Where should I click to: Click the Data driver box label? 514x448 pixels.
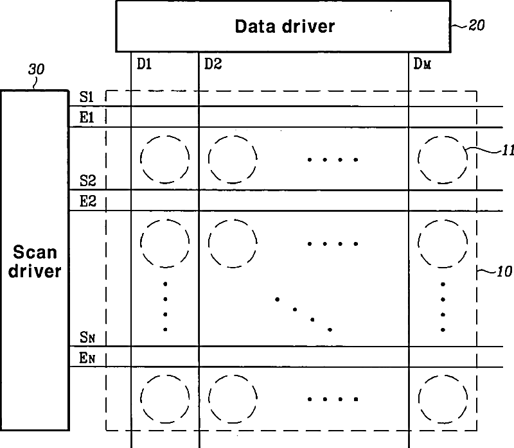284,26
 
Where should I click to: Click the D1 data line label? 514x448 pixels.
144,64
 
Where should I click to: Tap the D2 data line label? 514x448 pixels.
213,64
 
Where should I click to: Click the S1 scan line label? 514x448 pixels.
87,98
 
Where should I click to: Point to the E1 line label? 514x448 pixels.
87,118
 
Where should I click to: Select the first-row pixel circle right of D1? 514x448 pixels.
165,159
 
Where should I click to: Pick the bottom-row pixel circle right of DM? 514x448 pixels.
442,398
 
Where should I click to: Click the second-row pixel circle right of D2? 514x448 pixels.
233,243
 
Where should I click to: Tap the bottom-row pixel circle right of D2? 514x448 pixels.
233,398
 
